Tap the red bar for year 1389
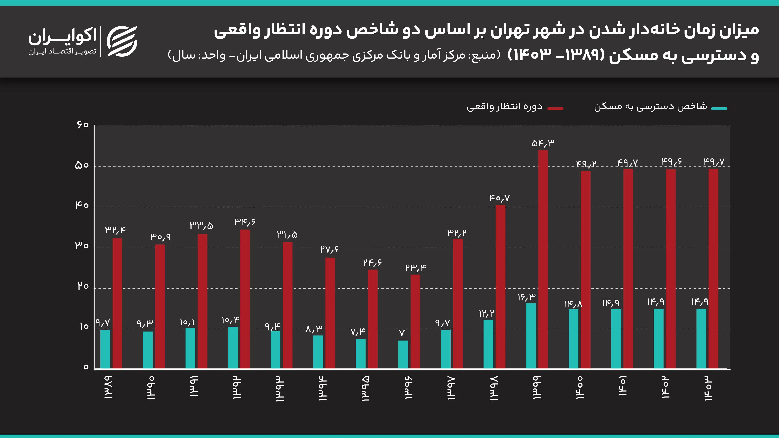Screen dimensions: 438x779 pyautogui.click(x=117, y=304)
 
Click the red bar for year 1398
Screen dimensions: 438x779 pyautogui.click(x=500, y=287)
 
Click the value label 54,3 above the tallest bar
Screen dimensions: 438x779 pyautogui.click(x=543, y=143)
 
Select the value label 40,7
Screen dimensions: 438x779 pyautogui.click(x=500, y=198)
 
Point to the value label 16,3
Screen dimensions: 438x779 pyautogui.click(x=526, y=297)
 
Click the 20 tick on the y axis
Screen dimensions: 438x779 pyautogui.click(x=83, y=286)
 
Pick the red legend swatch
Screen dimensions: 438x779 pyautogui.click(x=555, y=108)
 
